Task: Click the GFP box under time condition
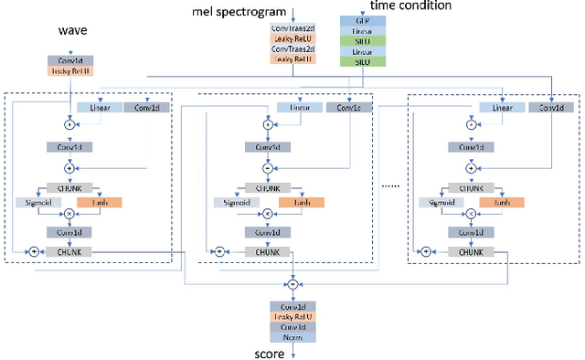[x=356, y=19]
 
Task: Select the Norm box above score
[x=292, y=336]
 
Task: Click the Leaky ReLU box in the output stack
[x=292, y=316]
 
